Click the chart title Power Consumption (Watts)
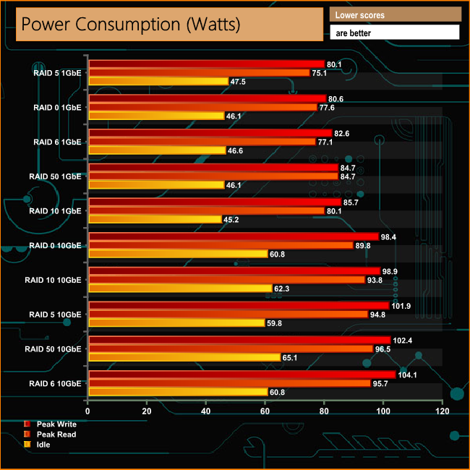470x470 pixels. (x=130, y=24)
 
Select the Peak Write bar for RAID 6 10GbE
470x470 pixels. (x=242, y=375)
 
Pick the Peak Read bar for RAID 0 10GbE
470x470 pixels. (x=221, y=245)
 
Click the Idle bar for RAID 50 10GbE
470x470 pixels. (x=184, y=357)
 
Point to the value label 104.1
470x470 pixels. (x=410, y=375)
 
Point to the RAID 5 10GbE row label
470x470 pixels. (x=55, y=315)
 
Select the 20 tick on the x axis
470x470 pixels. (x=147, y=411)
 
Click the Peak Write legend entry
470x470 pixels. (x=56, y=424)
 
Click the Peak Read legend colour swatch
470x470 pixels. (x=27, y=434)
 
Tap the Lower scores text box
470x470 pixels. (x=394, y=14)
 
